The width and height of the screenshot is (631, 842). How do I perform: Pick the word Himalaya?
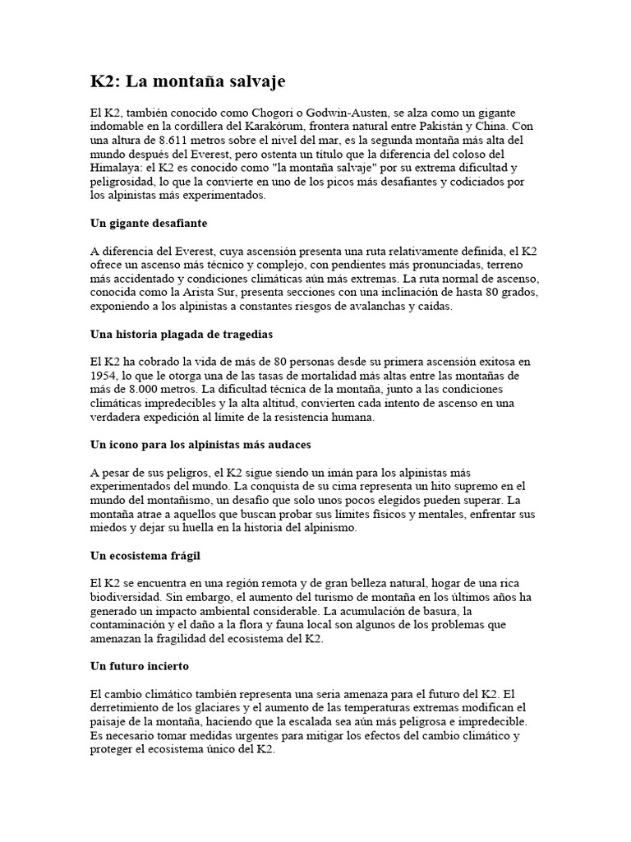tap(117, 168)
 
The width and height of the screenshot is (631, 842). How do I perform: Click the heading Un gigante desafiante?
tap(148, 223)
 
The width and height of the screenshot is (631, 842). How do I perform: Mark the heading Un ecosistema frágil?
tap(145, 556)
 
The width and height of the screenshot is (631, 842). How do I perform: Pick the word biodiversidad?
tap(127, 598)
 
